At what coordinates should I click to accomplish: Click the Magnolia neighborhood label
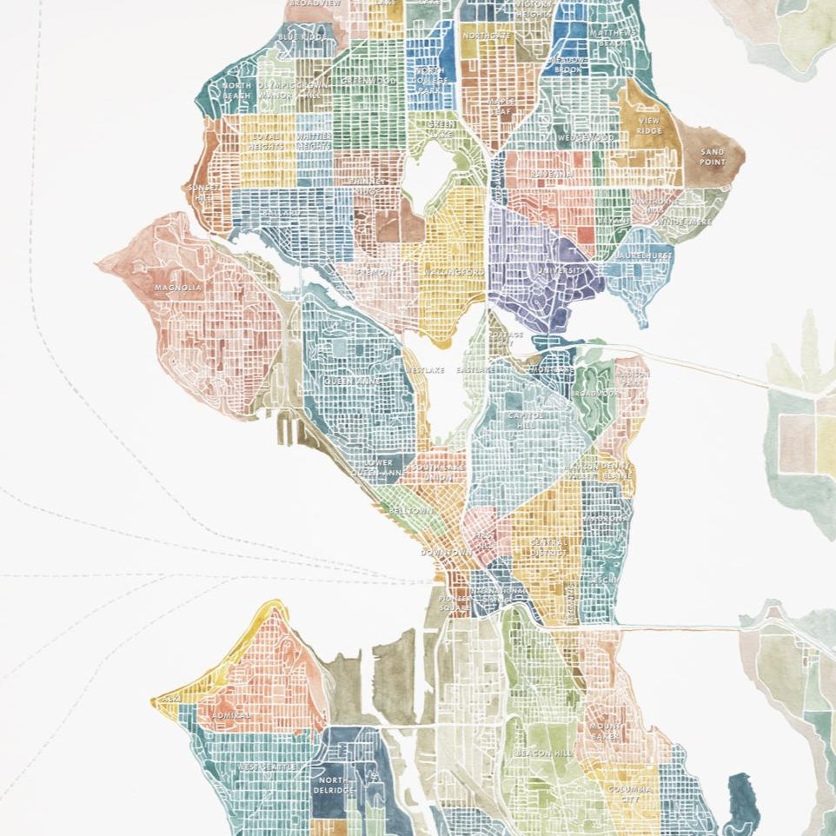pyautogui.click(x=178, y=288)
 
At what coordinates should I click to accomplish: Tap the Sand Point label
pyautogui.click(x=712, y=157)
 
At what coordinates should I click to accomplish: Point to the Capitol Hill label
pyautogui.click(x=526, y=421)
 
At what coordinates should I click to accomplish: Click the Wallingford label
pyautogui.click(x=453, y=272)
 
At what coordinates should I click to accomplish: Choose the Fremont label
pyautogui.click(x=375, y=272)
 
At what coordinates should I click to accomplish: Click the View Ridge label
pyautogui.click(x=648, y=126)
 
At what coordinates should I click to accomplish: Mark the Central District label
pyautogui.click(x=548, y=547)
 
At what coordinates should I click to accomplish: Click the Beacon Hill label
pyautogui.click(x=544, y=753)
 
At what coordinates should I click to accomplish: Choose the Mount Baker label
pyautogui.click(x=605, y=731)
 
